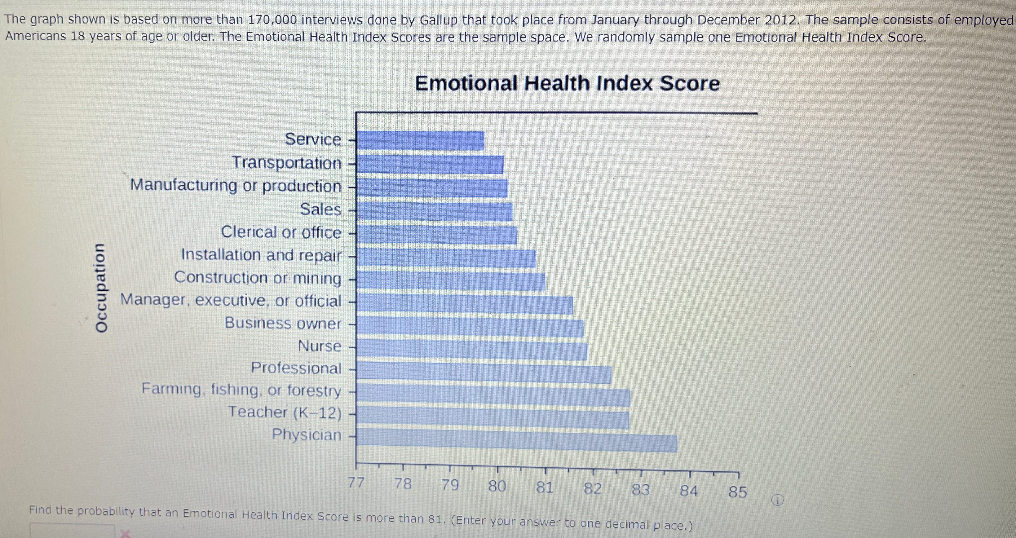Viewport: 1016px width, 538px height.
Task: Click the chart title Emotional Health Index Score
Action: coord(567,84)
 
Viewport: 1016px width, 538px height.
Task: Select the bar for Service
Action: coord(420,141)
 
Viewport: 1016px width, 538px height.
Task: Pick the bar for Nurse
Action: coord(472,350)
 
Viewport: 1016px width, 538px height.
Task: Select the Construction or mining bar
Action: coord(451,281)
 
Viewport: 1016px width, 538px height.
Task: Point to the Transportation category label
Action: coord(286,162)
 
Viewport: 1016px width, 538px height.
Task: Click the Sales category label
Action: coord(320,209)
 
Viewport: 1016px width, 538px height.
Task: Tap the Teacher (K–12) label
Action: coord(285,412)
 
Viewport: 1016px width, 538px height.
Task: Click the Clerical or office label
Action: coord(281,232)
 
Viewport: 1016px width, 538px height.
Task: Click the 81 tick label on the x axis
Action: coord(544,487)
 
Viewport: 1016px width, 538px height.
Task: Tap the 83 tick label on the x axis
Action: coord(641,490)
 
